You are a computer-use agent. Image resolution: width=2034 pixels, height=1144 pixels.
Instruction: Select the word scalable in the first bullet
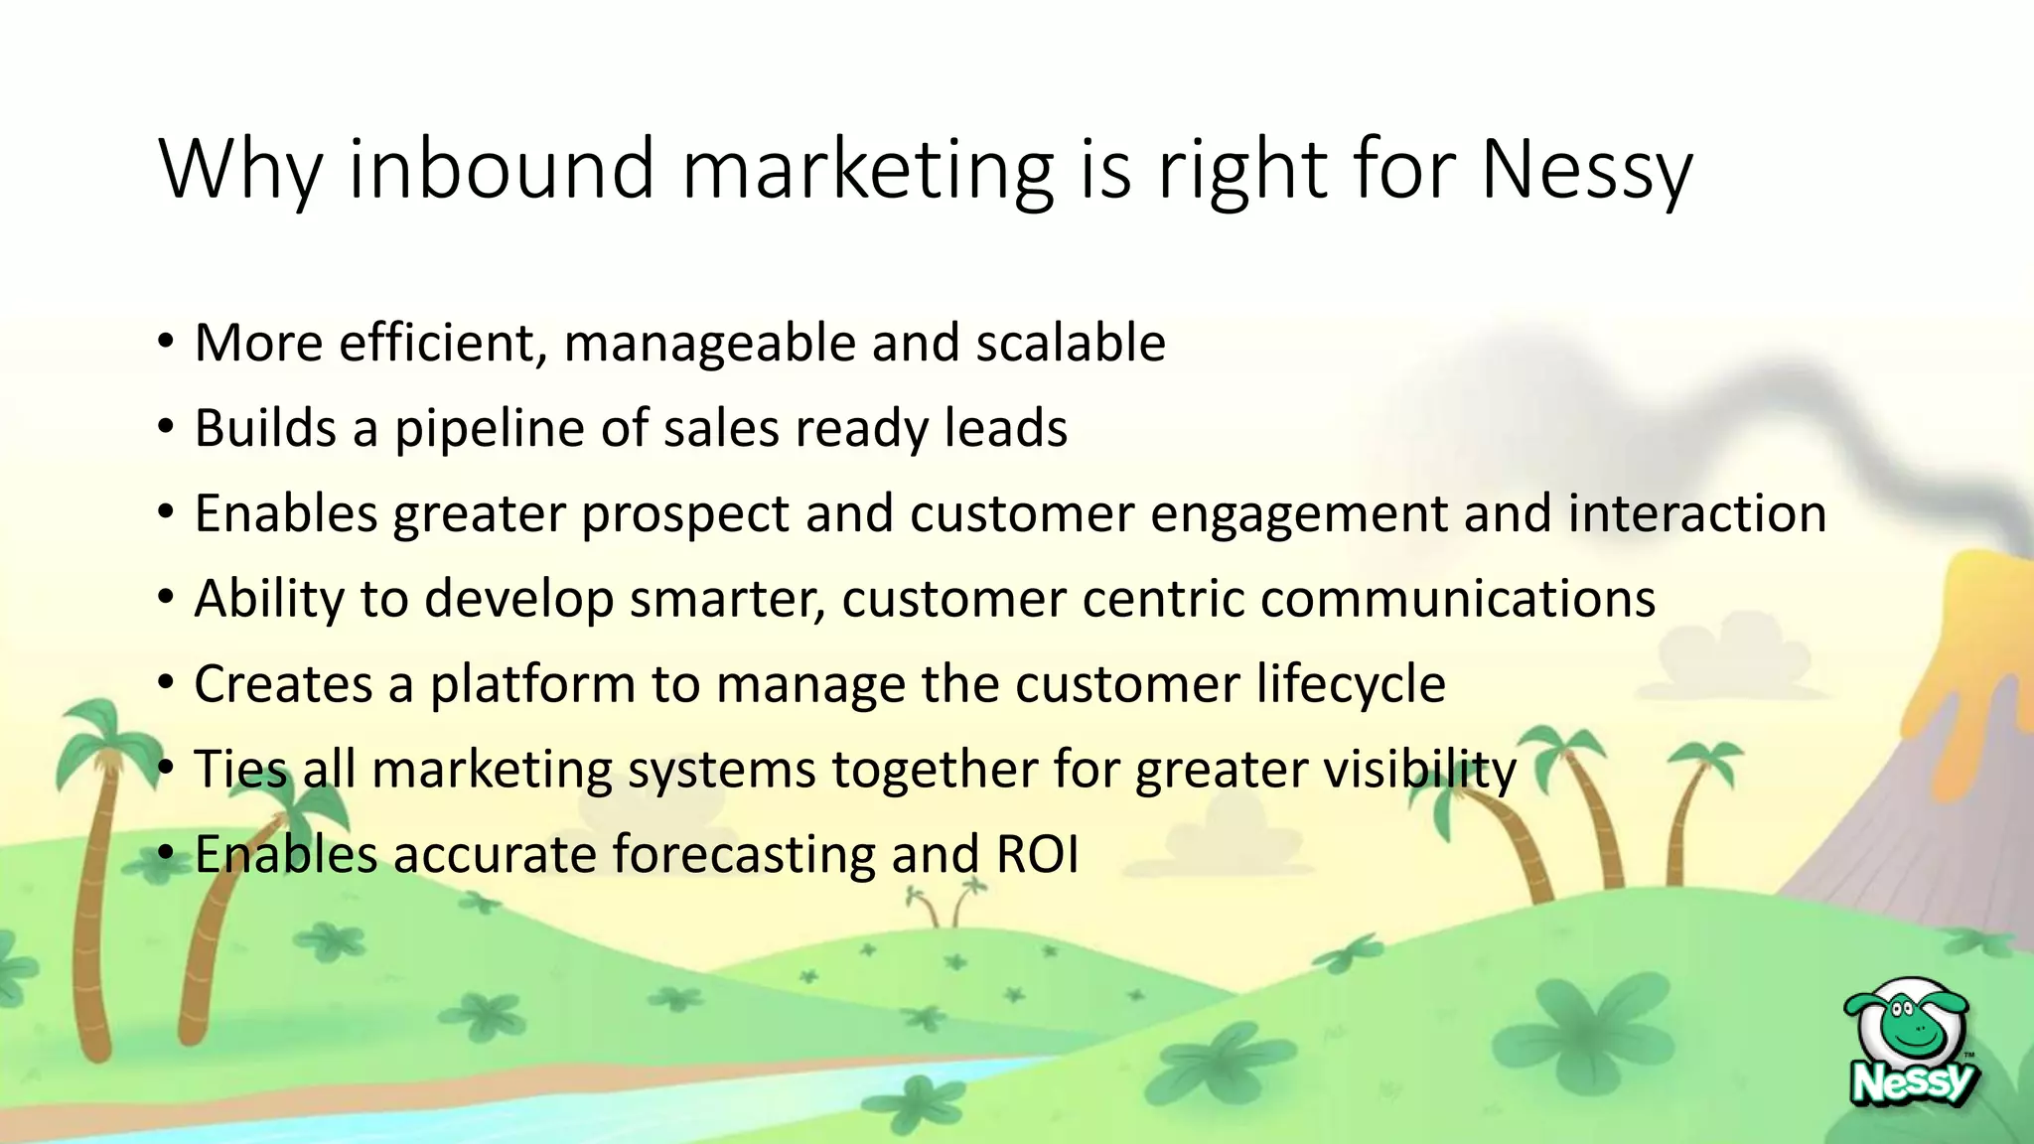[1071, 343]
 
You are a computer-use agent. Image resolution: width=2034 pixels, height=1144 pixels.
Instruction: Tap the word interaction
[1697, 513]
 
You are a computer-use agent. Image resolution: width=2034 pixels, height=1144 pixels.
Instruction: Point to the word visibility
[1419, 770]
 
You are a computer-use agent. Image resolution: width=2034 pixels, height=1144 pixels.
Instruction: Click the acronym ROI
[1038, 855]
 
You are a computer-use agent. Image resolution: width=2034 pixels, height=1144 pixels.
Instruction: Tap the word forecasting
[744, 855]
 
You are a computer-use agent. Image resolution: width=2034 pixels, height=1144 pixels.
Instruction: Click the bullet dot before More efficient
[166, 344]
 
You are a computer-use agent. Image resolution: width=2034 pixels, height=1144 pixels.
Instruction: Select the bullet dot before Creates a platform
[166, 684]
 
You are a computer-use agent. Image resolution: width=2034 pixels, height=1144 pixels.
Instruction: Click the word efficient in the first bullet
[443, 343]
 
